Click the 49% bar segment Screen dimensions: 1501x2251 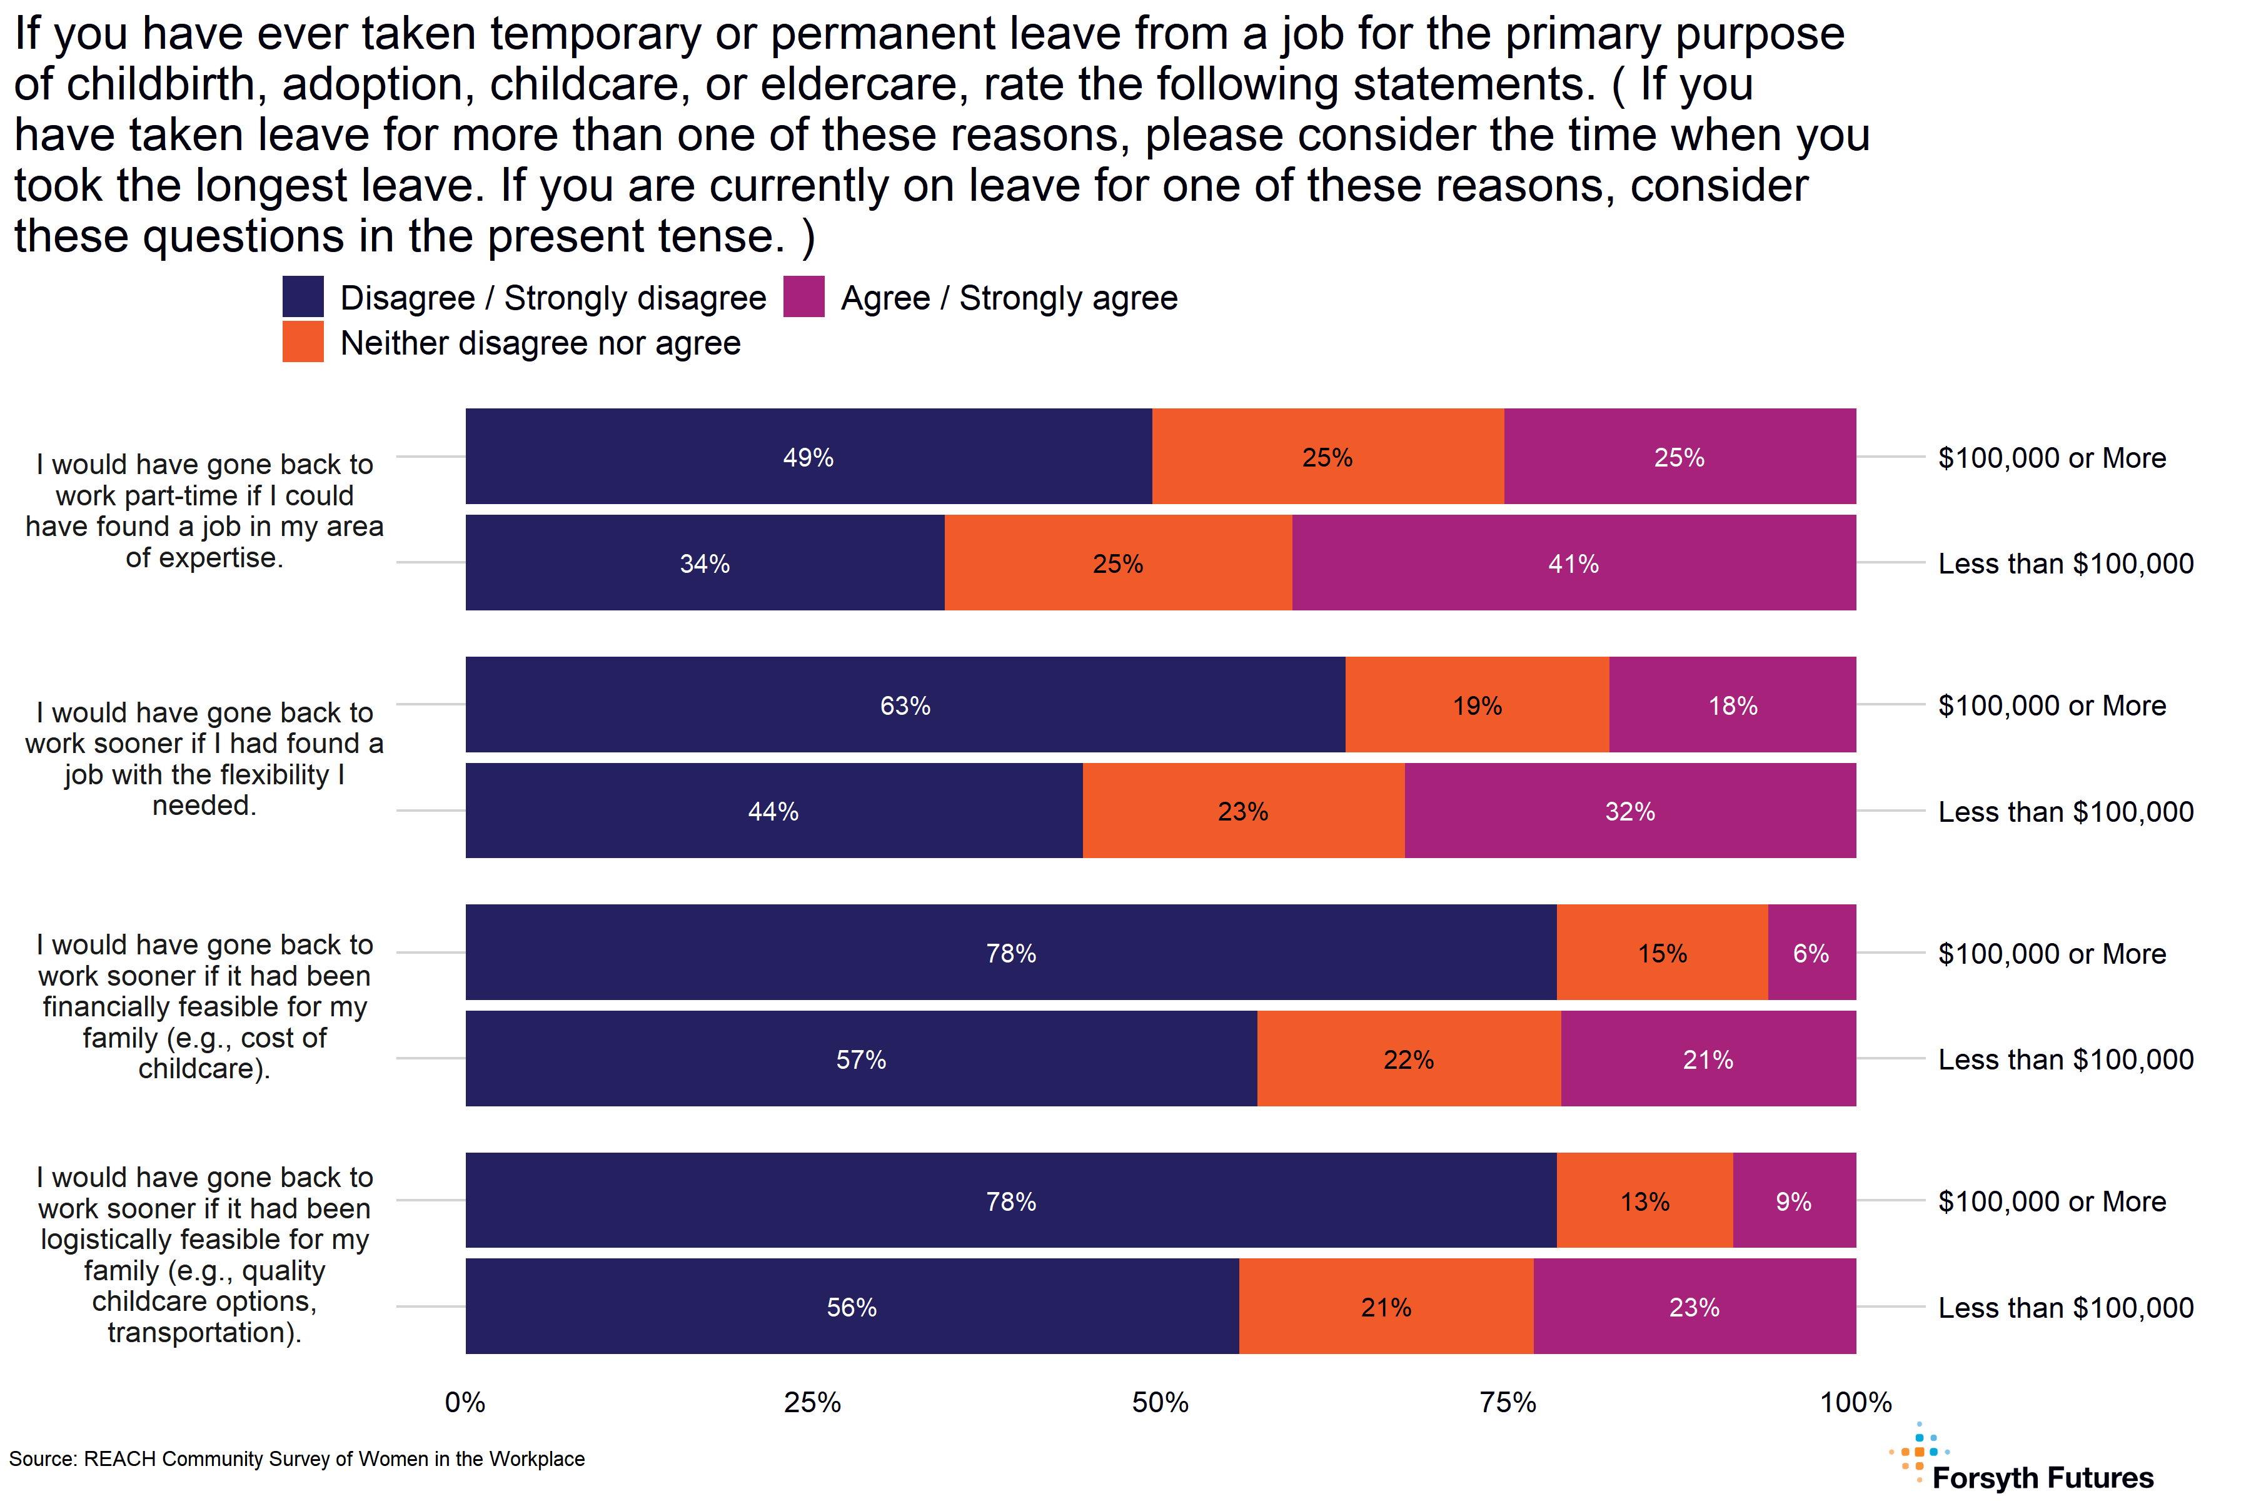point(808,457)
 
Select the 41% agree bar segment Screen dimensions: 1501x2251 point(1573,563)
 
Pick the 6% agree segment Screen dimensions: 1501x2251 point(1811,953)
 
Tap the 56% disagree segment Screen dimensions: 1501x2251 point(851,1306)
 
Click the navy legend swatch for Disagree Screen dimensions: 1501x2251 point(303,296)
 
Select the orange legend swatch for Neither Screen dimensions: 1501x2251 point(303,341)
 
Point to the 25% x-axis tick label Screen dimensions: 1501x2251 point(812,1402)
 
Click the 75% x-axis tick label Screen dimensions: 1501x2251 point(1508,1402)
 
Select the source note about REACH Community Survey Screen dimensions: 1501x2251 point(296,1459)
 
